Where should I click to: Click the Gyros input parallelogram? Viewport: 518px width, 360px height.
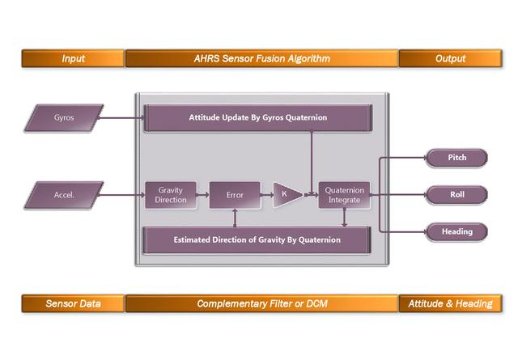pyautogui.click(x=63, y=118)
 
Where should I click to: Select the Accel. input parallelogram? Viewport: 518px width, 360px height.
pyautogui.click(x=63, y=195)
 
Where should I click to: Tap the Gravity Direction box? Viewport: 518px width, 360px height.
pyautogui.click(x=171, y=195)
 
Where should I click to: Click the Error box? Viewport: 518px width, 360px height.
pyautogui.click(x=235, y=195)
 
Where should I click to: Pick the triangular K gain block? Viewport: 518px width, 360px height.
pyautogui.click(x=285, y=195)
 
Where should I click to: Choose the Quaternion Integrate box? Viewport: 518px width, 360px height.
pyautogui.click(x=344, y=195)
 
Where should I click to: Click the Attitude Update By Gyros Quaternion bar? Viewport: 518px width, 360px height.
pyautogui.click(x=257, y=118)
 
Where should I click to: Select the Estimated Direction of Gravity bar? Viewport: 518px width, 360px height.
pyautogui.click(x=257, y=239)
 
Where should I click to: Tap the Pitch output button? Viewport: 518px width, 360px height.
pyautogui.click(x=457, y=158)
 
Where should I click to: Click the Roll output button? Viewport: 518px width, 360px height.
pyautogui.click(x=457, y=194)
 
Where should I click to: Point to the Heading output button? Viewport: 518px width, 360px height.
pyautogui.click(x=457, y=231)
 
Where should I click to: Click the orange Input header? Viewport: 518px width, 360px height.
pyautogui.click(x=73, y=58)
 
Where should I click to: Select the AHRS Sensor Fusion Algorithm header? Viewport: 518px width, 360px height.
pyautogui.click(x=261, y=58)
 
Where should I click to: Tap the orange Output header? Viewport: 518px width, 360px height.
pyautogui.click(x=450, y=58)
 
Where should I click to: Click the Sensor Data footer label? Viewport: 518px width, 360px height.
pyautogui.click(x=73, y=303)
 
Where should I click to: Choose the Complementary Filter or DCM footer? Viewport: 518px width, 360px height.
pyautogui.click(x=261, y=303)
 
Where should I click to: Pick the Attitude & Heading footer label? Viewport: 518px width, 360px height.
pyautogui.click(x=450, y=303)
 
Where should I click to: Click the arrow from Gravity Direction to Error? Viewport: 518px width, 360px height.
pyautogui.click(x=202, y=195)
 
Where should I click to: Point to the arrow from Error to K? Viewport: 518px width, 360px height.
pyautogui.click(x=266, y=195)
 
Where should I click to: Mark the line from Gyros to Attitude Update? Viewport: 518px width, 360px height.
pyautogui.click(x=121, y=118)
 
